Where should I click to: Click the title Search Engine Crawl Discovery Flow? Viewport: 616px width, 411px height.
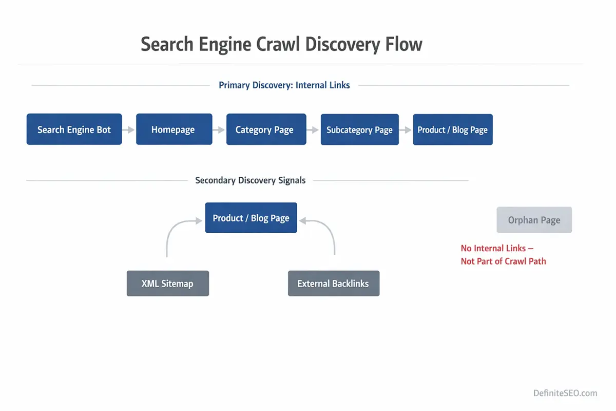pyautogui.click(x=281, y=45)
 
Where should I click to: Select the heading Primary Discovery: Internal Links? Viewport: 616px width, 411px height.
pyautogui.click(x=284, y=85)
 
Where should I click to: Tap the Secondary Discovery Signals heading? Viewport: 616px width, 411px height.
pyautogui.click(x=250, y=180)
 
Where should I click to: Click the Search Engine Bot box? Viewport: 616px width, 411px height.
pyautogui.click(x=74, y=129)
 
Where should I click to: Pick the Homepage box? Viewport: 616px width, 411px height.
pyautogui.click(x=174, y=129)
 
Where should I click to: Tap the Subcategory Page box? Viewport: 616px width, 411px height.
pyautogui.click(x=359, y=129)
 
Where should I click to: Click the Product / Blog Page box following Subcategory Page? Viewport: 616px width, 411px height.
pyautogui.click(x=452, y=129)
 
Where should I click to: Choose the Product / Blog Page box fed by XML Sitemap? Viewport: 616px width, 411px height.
pyautogui.click(x=251, y=218)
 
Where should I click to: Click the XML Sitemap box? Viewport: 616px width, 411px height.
pyautogui.click(x=167, y=284)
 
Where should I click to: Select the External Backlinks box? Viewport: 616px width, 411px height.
pyautogui.click(x=333, y=284)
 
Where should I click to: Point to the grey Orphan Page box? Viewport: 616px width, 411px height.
pyautogui.click(x=534, y=220)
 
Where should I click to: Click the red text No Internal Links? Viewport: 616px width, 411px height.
pyautogui.click(x=497, y=248)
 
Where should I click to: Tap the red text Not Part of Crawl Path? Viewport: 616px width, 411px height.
pyautogui.click(x=503, y=261)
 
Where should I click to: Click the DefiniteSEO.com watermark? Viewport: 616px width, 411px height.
pyautogui.click(x=565, y=393)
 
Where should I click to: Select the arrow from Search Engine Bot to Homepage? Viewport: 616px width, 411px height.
pyautogui.click(x=129, y=130)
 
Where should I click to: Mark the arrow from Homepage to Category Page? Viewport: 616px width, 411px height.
pyautogui.click(x=219, y=130)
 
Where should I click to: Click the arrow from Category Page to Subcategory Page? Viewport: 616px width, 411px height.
pyautogui.click(x=313, y=130)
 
